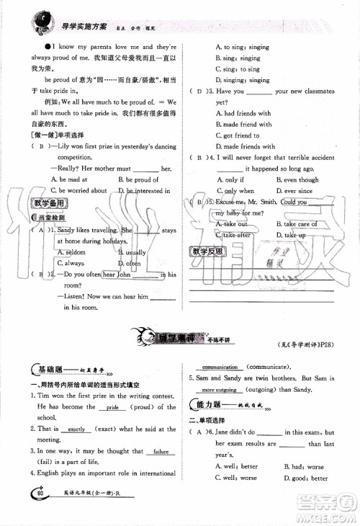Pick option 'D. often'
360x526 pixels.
[x=131, y=264]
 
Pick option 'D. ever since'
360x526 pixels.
[x=297, y=191]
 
